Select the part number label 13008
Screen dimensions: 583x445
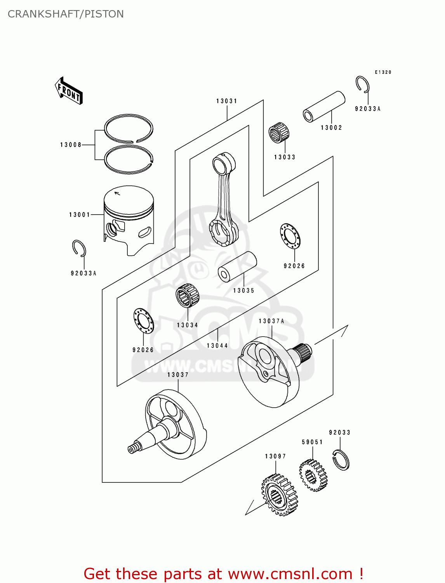coord(71,145)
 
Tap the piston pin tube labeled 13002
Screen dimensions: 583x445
coord(324,106)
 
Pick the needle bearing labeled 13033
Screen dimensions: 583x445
coord(279,133)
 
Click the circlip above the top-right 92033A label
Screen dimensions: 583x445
coord(362,84)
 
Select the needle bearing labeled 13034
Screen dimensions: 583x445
coord(187,296)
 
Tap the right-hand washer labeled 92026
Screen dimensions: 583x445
coord(290,236)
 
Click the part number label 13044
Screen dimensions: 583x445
coord(217,346)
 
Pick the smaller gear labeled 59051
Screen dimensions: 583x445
coord(313,475)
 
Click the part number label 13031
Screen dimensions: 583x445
coord(227,101)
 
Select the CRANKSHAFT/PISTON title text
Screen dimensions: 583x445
coord(66,14)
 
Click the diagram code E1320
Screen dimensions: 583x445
coord(383,72)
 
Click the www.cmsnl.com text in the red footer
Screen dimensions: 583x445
coord(290,574)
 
